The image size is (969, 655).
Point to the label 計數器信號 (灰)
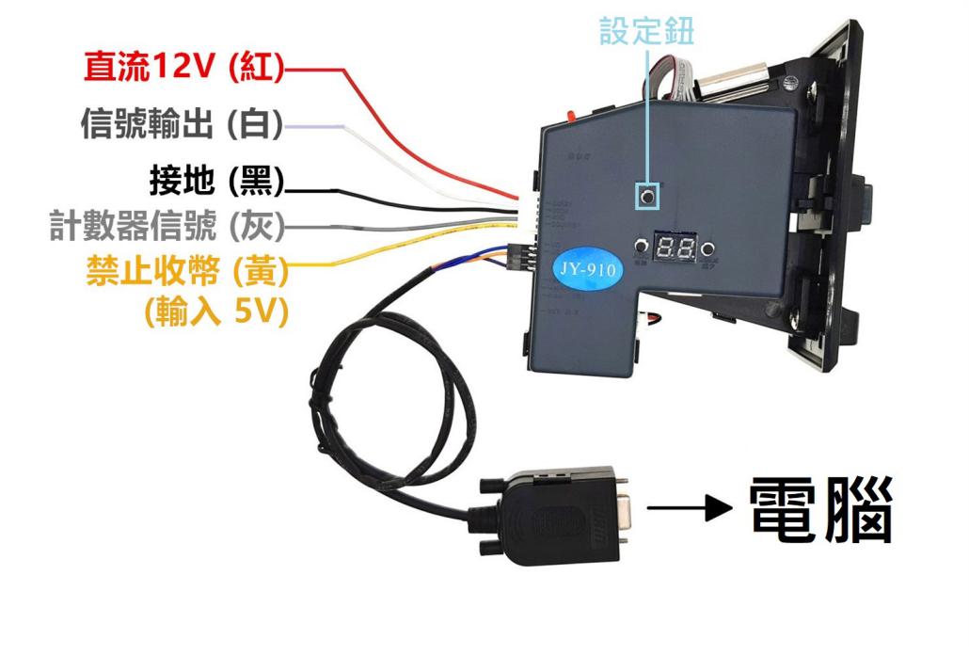(166, 225)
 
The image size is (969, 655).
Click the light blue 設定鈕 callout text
(646, 32)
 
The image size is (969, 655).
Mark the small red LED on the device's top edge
(570, 117)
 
